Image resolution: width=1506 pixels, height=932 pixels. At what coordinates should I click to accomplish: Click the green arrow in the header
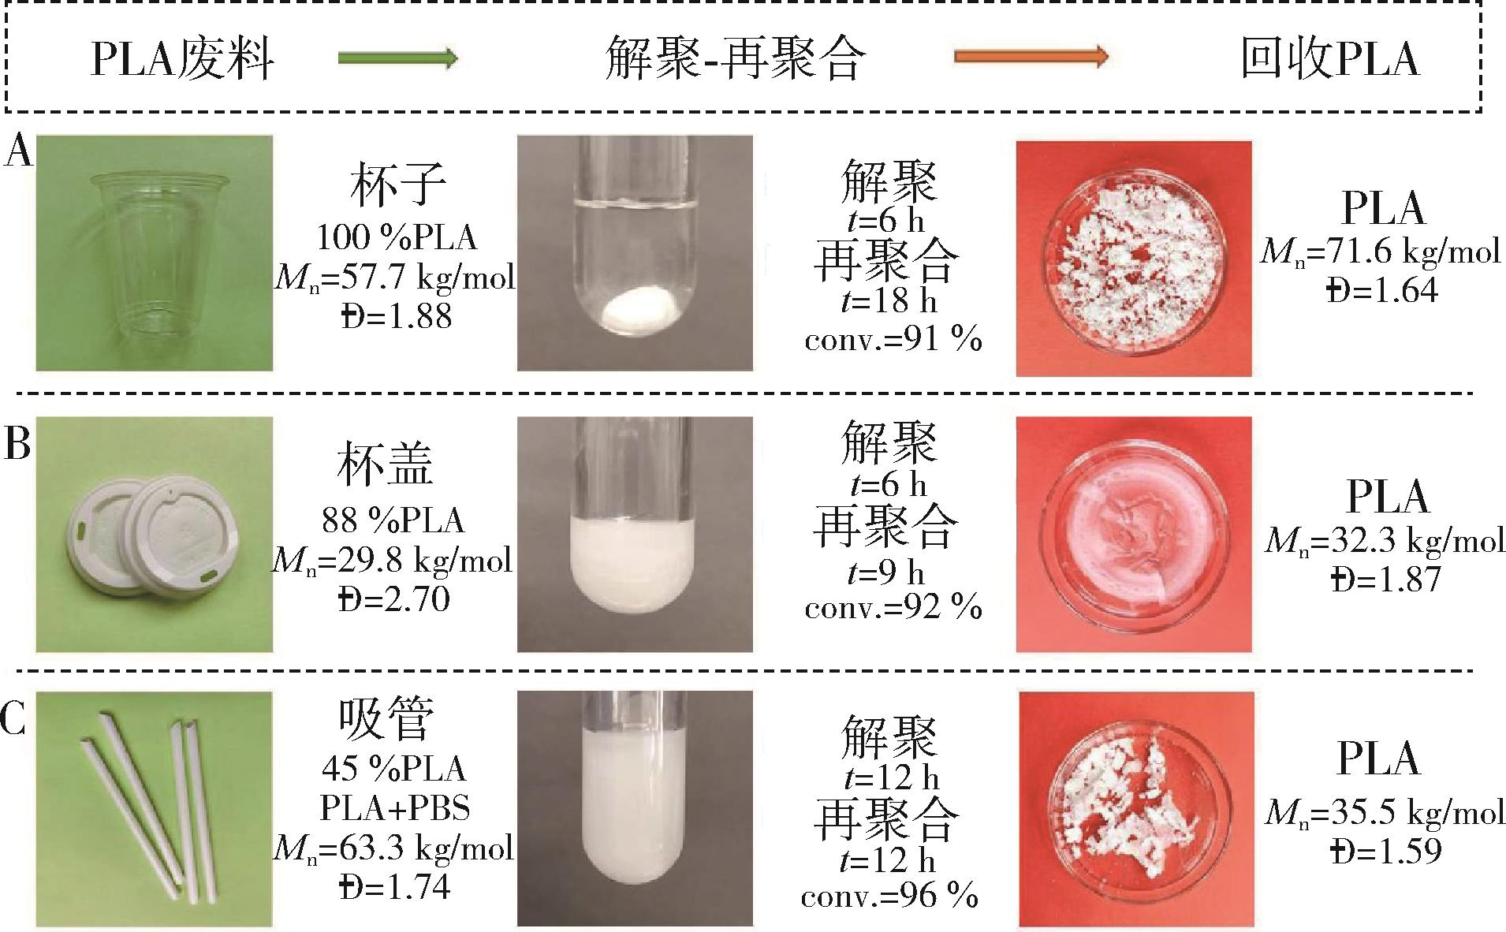[398, 58]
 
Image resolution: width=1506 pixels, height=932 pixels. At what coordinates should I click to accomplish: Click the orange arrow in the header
[1031, 57]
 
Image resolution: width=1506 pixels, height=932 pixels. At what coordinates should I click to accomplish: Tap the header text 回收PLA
[1330, 58]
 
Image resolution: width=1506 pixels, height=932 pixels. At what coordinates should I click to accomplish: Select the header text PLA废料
[182, 59]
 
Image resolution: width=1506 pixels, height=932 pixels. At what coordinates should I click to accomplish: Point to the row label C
[15, 720]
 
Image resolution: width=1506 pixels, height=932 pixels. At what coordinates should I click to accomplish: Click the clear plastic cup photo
[155, 253]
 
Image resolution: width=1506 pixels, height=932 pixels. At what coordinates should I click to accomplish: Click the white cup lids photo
[155, 535]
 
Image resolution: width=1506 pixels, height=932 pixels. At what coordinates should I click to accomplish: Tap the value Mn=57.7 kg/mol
[395, 277]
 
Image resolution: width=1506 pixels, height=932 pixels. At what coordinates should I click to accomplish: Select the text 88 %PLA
[393, 520]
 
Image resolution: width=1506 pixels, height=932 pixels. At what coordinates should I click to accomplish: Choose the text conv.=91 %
[893, 341]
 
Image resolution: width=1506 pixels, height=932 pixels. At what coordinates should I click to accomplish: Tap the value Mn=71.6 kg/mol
[1381, 252]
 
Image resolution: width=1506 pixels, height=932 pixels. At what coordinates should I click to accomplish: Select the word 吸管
[386, 719]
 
